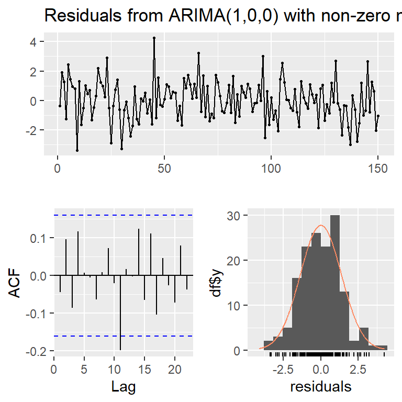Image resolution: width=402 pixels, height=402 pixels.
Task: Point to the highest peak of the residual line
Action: tap(154, 38)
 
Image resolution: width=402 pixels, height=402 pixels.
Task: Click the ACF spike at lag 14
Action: tap(139, 252)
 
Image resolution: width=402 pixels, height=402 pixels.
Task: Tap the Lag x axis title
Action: tap(124, 387)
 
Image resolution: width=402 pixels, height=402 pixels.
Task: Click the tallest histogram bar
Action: tap(335, 283)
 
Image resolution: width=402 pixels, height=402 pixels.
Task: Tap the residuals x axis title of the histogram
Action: tap(321, 387)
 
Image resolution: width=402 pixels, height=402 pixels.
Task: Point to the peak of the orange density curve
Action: tap(321, 226)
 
